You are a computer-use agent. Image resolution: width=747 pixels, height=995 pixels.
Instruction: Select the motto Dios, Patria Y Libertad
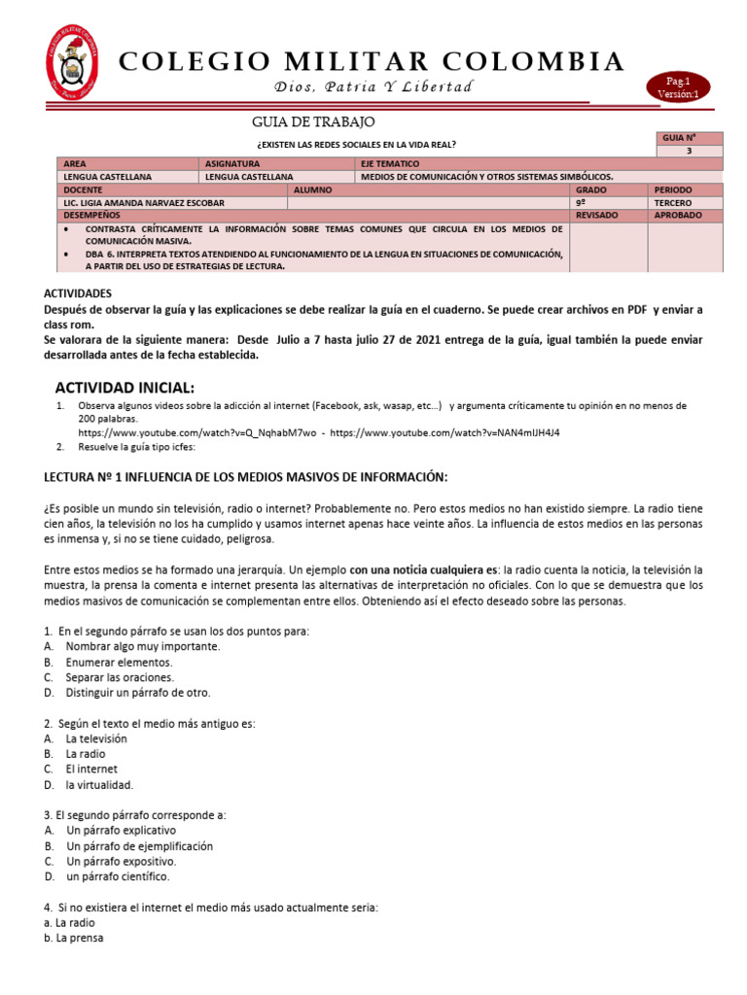[373, 87]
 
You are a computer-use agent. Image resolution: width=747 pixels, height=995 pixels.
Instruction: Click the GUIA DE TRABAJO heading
[312, 121]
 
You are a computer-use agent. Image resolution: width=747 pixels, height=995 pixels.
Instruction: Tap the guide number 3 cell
[689, 152]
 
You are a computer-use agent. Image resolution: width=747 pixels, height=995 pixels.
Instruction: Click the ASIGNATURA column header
[231, 164]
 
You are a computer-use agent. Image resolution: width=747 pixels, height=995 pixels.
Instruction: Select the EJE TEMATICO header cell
[390, 164]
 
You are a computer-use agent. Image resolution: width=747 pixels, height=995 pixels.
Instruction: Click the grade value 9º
[583, 202]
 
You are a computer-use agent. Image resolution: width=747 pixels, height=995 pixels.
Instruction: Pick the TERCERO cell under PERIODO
[673, 202]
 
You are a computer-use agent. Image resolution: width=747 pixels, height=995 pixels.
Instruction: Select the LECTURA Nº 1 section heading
[246, 476]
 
